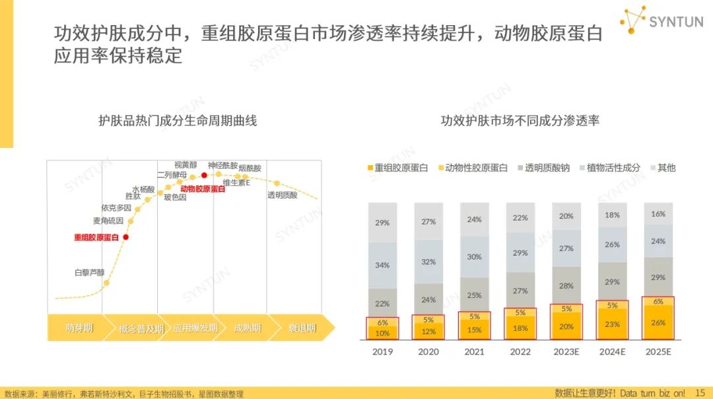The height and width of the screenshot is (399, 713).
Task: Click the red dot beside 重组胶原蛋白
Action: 126,237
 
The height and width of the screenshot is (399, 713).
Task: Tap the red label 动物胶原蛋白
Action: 203,189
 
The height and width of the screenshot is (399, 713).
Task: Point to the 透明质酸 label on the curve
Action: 282,196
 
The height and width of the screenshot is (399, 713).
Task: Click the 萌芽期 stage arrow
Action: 79,328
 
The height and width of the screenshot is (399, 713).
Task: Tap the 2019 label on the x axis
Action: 382,352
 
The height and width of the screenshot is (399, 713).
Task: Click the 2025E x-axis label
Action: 658,352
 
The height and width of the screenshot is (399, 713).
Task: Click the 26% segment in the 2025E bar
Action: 658,323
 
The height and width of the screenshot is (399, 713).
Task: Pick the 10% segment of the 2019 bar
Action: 382,333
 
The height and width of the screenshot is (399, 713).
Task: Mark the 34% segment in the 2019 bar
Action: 382,265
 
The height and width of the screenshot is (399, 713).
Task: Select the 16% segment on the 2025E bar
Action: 658,214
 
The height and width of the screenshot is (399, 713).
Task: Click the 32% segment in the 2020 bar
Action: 428,262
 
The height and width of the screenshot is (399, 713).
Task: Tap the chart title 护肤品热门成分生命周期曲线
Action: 178,121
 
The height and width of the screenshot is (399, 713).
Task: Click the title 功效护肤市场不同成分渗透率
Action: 520,121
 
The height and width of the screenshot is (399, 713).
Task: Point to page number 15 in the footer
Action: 700,393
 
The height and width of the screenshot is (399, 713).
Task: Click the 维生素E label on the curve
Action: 236,183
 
